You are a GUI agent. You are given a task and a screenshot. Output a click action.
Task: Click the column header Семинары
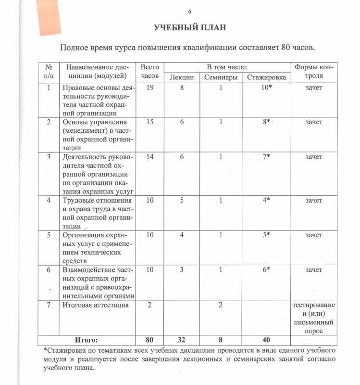[x=220, y=78]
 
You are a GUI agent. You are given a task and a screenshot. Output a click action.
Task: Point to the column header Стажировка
[x=266, y=78]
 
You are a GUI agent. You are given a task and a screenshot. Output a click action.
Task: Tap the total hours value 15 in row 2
[x=150, y=122]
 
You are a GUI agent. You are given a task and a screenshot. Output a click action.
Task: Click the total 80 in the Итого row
[x=150, y=340]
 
